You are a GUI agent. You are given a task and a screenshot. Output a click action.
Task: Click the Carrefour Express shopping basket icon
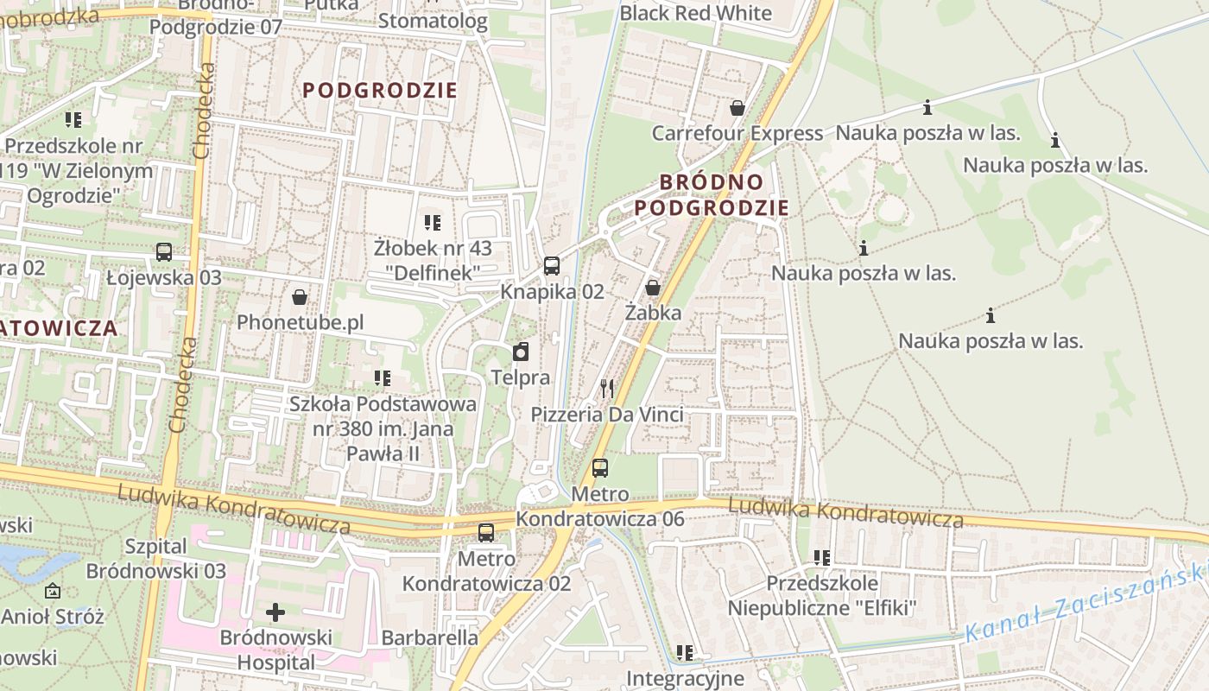tap(737, 108)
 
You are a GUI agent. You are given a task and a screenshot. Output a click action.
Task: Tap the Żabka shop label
tap(653, 313)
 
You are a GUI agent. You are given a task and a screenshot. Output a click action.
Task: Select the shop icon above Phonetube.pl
tap(300, 297)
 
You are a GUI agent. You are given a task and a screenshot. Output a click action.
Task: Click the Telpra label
tap(520, 377)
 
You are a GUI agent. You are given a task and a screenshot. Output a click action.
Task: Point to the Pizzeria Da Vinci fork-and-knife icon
tap(607, 389)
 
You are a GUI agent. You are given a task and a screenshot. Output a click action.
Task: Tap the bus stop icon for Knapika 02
tap(552, 266)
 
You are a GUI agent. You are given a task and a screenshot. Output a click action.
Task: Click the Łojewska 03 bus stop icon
tap(163, 252)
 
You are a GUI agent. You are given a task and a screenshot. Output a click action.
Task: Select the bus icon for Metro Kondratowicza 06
tap(599, 468)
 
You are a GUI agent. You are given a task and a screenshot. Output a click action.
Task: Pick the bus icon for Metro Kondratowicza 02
tap(486, 533)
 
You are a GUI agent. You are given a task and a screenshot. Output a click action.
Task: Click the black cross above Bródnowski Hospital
tap(275, 612)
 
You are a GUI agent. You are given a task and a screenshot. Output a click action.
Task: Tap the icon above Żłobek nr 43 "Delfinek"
tap(433, 223)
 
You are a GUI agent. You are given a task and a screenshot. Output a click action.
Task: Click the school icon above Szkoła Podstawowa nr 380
tap(383, 378)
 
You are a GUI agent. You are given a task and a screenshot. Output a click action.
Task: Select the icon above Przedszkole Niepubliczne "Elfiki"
tap(821, 558)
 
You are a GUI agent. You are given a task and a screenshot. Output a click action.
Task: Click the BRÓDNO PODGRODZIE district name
tap(712, 194)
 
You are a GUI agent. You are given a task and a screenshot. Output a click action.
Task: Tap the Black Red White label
tap(695, 13)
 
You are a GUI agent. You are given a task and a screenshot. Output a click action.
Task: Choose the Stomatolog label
tap(433, 21)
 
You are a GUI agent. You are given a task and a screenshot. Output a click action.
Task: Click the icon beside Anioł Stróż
tap(53, 592)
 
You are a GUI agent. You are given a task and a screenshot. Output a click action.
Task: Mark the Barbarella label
tap(429, 637)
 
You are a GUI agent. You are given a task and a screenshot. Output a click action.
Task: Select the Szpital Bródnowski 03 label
tap(156, 559)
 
